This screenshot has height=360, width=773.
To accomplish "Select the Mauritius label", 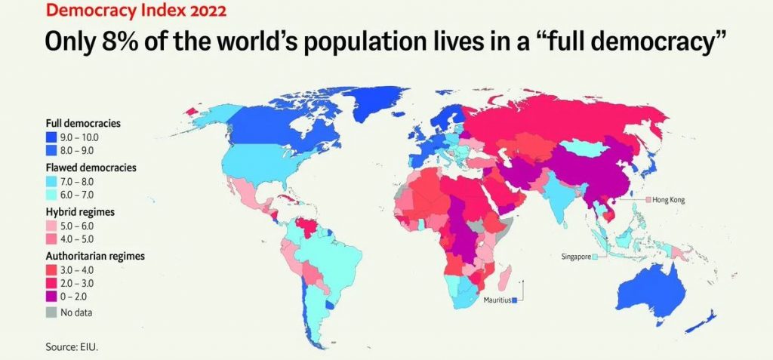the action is pos(496,300).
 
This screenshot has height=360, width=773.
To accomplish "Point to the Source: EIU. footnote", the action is pos(72,346).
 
